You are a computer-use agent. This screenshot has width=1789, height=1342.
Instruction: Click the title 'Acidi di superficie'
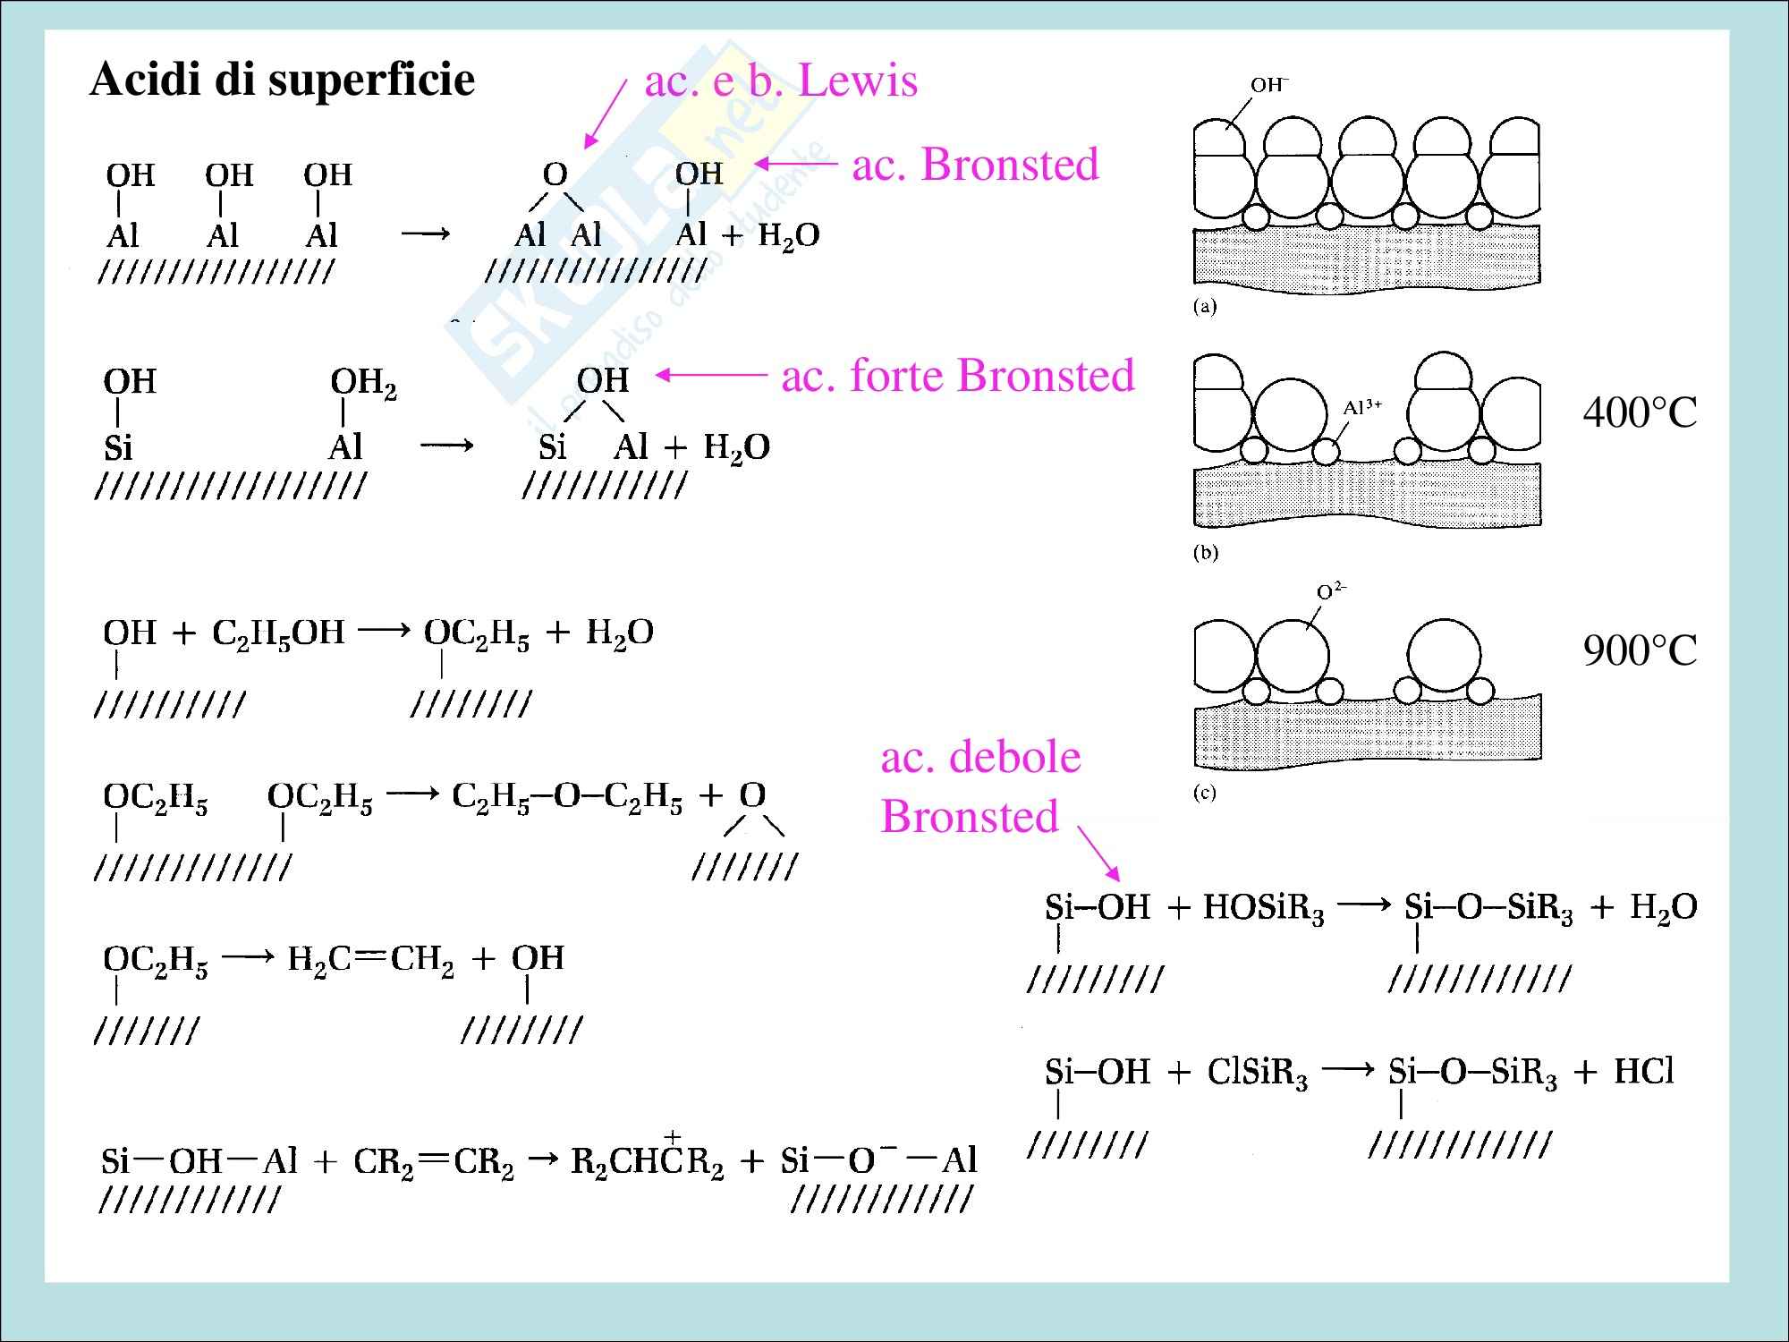(282, 81)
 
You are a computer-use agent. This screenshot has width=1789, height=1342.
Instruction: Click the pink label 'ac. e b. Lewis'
(781, 81)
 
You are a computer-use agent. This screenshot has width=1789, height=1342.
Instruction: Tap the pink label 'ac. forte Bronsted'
(958, 376)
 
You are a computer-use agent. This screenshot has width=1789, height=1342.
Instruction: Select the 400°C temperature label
(1640, 413)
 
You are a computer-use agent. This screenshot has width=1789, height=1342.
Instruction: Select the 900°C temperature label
(1640, 651)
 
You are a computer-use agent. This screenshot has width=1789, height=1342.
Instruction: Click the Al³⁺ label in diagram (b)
(1362, 408)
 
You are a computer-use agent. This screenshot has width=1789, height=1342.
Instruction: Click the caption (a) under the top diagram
(1205, 308)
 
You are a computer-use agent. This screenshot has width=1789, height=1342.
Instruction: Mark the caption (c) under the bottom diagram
(1205, 794)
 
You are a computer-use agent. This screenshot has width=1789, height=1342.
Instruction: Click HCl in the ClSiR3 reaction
(1643, 1071)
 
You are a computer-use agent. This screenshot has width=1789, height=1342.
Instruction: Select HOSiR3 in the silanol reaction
(1263, 909)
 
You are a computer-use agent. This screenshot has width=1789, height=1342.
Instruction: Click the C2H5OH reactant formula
(278, 633)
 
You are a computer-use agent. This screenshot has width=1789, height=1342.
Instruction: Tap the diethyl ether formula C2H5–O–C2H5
(567, 797)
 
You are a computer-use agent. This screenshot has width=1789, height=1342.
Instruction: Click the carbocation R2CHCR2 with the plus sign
(647, 1161)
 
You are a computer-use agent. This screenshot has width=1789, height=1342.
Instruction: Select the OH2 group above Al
(363, 384)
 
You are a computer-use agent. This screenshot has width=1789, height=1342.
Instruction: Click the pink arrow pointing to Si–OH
(1098, 853)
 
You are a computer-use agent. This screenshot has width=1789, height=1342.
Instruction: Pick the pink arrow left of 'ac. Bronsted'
(797, 164)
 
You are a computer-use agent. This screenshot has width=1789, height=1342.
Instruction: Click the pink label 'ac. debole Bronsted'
(979, 786)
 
